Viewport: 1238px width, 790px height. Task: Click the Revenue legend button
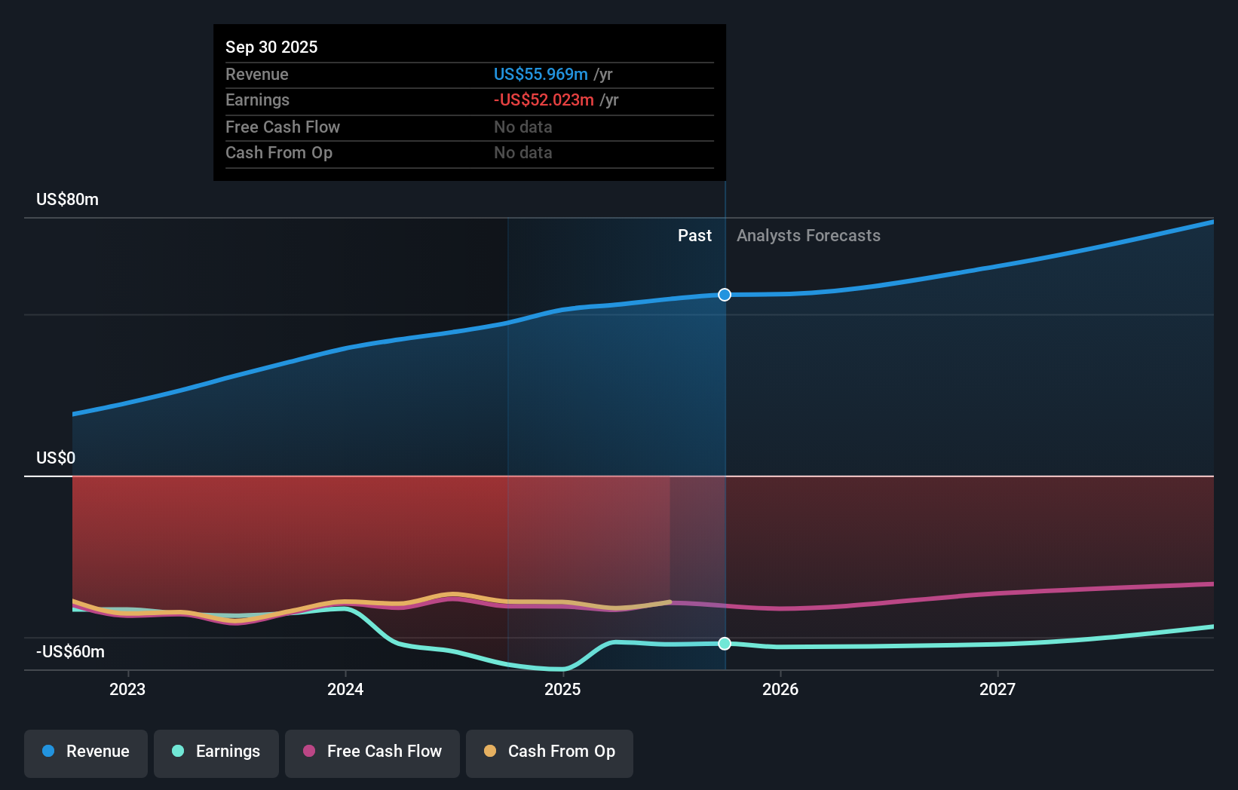86,752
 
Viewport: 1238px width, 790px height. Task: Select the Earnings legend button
216,752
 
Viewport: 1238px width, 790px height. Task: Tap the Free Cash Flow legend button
372,752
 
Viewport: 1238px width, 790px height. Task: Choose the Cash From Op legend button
550,752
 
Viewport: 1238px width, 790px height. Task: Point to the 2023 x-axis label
127,689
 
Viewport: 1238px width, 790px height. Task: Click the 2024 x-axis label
345,689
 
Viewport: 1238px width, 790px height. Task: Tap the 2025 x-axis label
562,689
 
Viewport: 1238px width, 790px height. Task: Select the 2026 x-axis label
780,689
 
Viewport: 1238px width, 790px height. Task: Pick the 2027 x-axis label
997,689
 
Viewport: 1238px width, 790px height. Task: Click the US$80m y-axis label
67,200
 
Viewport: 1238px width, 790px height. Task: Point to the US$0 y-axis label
56,458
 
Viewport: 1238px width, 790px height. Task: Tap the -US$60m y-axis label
70,652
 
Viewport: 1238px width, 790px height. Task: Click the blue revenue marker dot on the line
725,295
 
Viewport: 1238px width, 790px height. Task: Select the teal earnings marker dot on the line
725,644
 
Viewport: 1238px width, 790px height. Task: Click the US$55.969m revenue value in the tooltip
541,75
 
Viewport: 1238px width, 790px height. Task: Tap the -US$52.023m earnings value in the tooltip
544,100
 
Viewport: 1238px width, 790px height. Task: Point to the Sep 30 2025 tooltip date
271,47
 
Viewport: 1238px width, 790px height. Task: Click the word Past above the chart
694,236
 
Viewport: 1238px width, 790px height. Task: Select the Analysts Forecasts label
808,236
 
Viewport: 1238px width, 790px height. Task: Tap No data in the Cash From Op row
523,153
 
